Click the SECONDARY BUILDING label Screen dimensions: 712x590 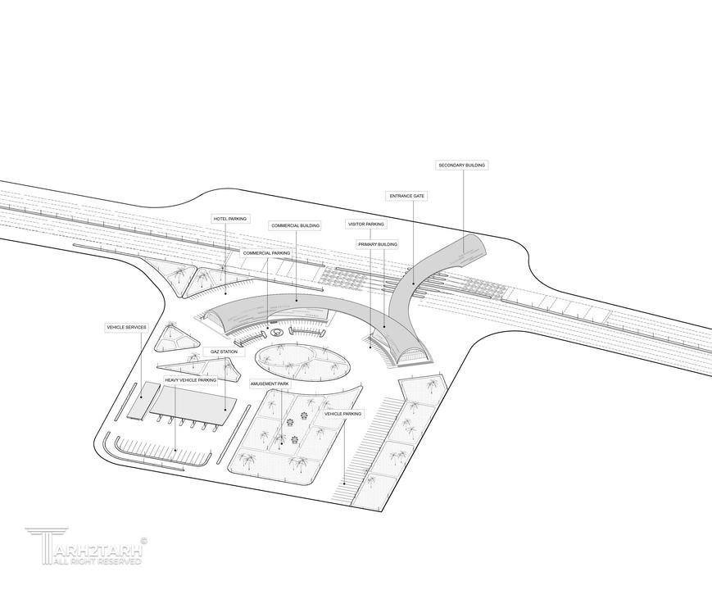coord(461,166)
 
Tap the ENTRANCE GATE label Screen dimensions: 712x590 coord(407,196)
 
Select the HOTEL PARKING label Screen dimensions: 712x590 coord(229,219)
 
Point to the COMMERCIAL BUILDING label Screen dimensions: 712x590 coord(295,225)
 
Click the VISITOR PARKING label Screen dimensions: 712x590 coord(366,225)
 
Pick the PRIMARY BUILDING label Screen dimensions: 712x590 coord(378,244)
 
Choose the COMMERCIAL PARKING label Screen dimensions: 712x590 coord(266,253)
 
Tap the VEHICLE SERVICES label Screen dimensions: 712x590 coord(126,327)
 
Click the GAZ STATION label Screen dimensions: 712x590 coord(224,352)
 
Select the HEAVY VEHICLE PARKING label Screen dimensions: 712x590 coord(191,379)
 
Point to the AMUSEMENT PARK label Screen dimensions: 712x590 coord(270,383)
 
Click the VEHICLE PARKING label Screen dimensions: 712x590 coord(342,414)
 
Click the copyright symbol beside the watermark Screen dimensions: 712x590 coord(144,541)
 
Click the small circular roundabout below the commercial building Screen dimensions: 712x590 coord(276,333)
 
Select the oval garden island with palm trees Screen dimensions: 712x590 coord(302,362)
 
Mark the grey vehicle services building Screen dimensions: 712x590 coord(143,400)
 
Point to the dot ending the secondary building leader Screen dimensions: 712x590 coord(463,254)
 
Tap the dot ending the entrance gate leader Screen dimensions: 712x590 coord(413,284)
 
